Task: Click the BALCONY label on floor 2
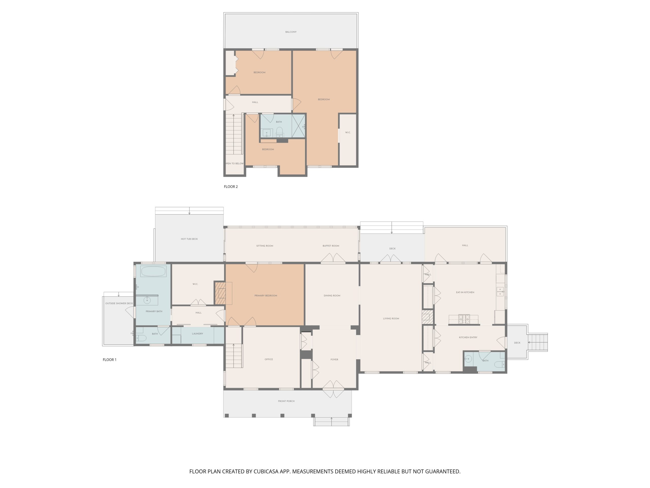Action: tap(291, 32)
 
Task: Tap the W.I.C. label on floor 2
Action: tap(348, 132)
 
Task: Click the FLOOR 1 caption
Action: tap(110, 359)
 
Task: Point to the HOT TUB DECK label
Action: tap(189, 239)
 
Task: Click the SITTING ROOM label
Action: tap(265, 246)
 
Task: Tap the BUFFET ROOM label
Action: tap(331, 246)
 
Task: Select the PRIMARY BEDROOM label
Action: tap(266, 295)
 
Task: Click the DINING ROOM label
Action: tap(332, 295)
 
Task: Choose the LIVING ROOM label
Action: tap(391, 318)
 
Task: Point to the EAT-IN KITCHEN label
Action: tap(465, 292)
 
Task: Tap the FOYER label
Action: tap(334, 359)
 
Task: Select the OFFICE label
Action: tap(269, 359)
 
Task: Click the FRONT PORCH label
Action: tap(286, 401)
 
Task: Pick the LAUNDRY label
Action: tap(198, 333)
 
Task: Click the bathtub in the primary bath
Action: tap(153, 271)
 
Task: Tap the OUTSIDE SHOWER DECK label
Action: tap(119, 303)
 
